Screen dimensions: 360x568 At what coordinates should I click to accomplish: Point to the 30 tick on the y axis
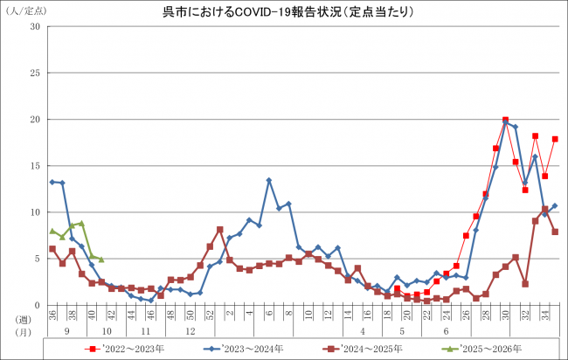36,26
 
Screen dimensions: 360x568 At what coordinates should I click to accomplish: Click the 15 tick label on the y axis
36,165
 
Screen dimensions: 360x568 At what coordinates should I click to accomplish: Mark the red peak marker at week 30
506,120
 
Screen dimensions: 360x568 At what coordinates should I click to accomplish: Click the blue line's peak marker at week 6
269,180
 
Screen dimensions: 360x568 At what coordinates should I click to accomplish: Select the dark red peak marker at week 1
219,230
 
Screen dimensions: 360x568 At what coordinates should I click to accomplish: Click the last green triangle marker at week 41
101,260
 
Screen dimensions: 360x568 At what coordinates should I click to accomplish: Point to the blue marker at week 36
52,182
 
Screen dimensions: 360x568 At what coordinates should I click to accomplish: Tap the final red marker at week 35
555,139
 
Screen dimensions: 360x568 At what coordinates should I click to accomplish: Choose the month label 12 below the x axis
190,332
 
